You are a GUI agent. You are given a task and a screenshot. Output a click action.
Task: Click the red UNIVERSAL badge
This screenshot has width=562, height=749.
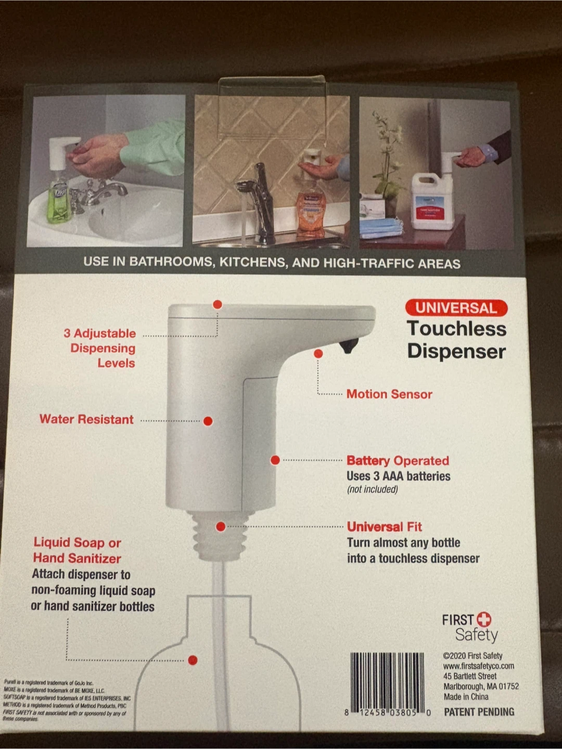coord(456,307)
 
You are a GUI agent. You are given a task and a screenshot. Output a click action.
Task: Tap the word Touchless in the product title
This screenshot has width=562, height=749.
coord(456,329)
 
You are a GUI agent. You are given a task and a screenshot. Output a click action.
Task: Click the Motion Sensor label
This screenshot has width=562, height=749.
coord(389,394)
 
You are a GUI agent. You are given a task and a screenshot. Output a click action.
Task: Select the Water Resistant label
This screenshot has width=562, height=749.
coord(86,419)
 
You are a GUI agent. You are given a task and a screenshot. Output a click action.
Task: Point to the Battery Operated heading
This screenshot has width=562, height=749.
coord(398,461)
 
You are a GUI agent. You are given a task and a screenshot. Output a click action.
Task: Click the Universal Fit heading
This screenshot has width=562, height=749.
coord(385,527)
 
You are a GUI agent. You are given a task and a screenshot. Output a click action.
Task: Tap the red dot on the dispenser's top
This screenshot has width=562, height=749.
coord(218,304)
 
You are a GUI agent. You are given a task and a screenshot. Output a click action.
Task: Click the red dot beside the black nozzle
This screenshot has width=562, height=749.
coord(318,354)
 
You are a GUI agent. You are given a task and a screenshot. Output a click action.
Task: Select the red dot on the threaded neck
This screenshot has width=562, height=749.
coord(221,527)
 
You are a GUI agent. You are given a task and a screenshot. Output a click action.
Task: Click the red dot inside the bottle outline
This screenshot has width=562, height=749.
coord(193,660)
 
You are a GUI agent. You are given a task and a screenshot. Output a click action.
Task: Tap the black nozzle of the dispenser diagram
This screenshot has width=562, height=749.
coord(348,345)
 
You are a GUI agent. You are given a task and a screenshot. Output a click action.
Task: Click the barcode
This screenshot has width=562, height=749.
coord(387,681)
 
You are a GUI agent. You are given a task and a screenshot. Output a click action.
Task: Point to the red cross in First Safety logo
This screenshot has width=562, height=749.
coord(484,619)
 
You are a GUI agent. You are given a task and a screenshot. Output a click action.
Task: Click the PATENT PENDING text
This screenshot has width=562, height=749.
coord(479,712)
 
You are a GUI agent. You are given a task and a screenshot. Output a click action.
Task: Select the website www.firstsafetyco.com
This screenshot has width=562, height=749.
coord(478,666)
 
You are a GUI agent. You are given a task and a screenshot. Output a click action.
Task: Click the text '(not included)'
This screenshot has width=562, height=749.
coord(372,489)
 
